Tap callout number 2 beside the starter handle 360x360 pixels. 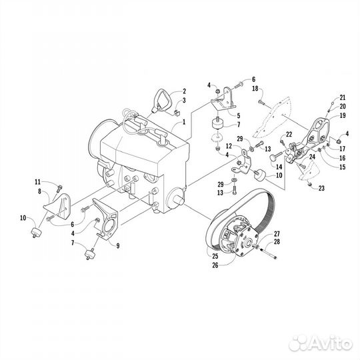click(183, 91)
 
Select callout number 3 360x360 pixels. click(183, 100)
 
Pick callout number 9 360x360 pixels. click(118, 245)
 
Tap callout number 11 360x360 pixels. click(38, 181)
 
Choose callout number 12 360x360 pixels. click(228, 145)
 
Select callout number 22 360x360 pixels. click(289, 135)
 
